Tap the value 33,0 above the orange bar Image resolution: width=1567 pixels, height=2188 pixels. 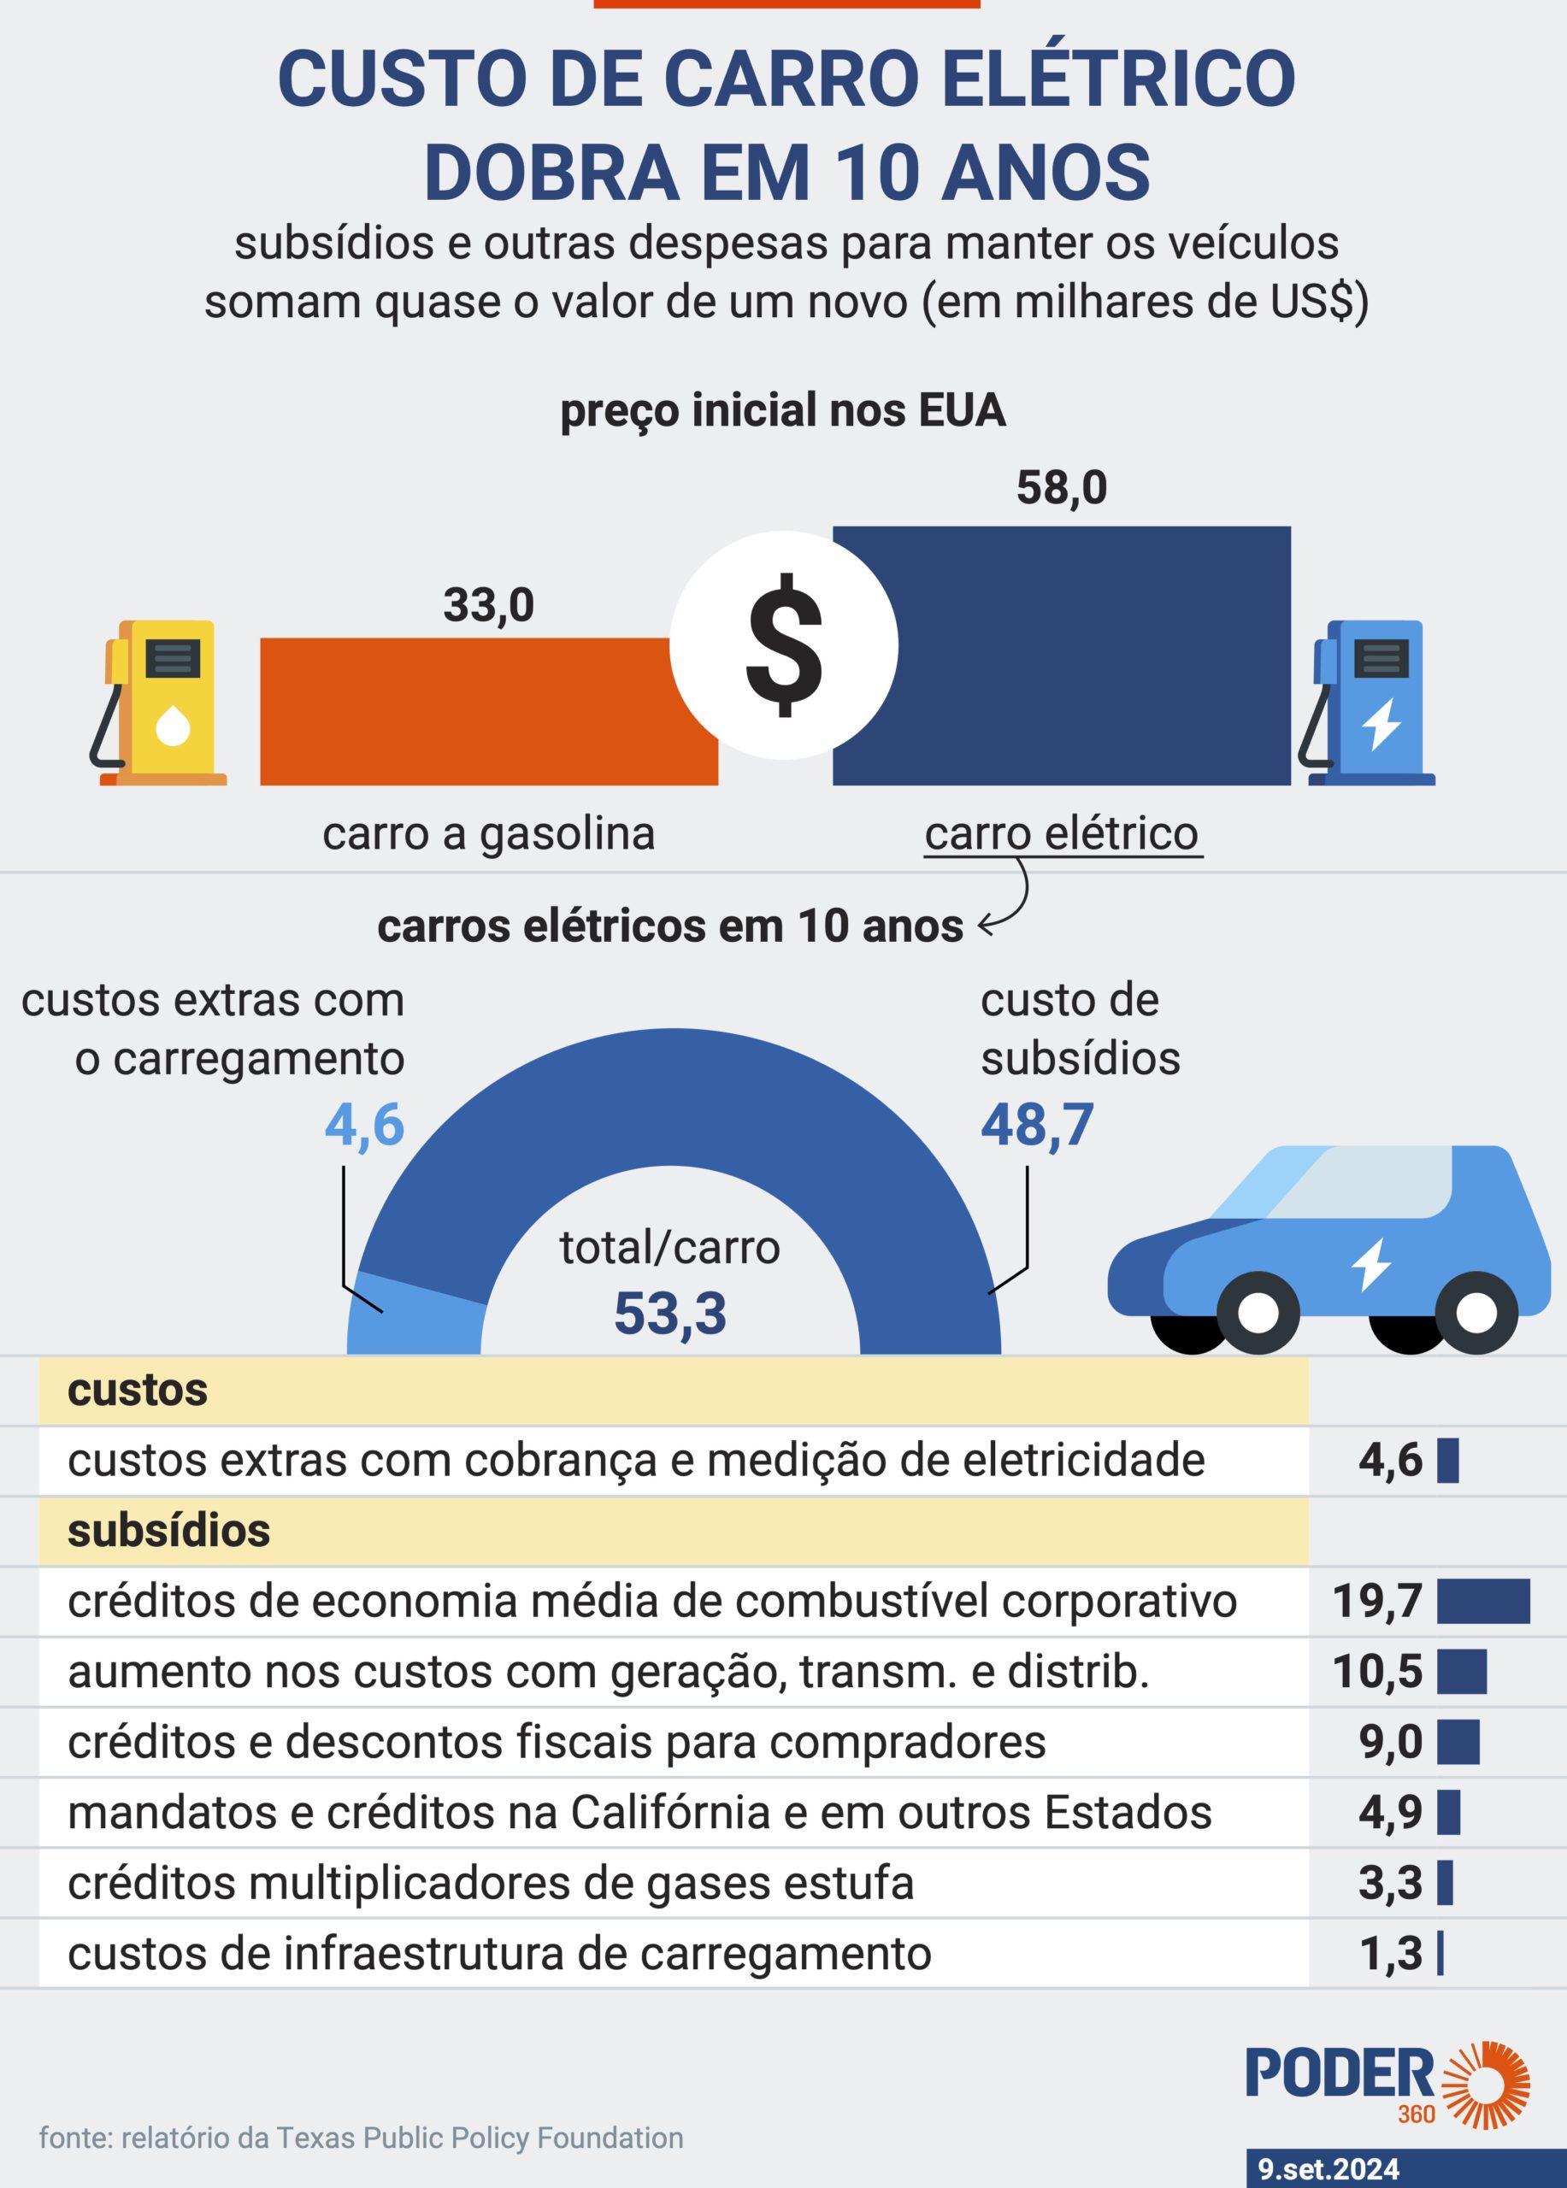[488, 606]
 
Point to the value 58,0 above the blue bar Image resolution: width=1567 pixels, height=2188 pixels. [1062, 488]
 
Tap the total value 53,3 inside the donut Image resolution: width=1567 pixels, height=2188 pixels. [669, 1314]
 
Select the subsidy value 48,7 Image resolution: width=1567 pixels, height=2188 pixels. [1037, 1125]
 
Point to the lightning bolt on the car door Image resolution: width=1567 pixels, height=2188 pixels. [1371, 1264]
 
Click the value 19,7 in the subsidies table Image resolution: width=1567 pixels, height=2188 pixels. [1377, 1602]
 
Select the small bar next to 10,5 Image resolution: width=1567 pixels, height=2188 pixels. [1461, 1672]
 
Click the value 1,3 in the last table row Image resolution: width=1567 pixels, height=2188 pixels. [1390, 1954]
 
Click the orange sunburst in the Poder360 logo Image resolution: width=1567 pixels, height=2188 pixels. [1487, 2085]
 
